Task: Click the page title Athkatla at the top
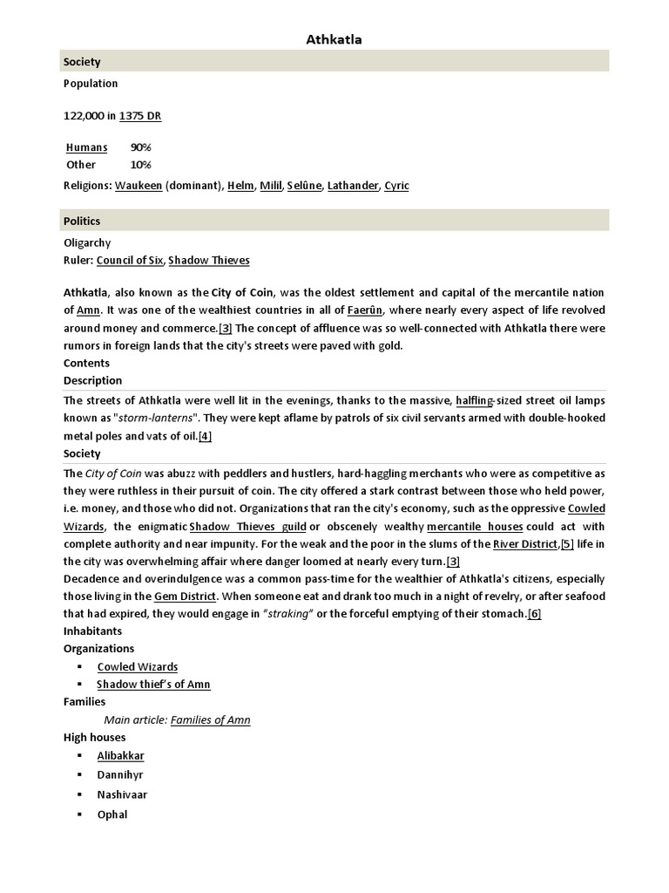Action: pos(334,39)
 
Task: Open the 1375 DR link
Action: pos(140,115)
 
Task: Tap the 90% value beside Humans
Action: pos(141,147)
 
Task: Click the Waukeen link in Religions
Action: pos(139,185)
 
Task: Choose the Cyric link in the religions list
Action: pos(396,185)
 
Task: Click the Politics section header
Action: pos(82,221)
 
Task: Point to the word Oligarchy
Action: pos(87,242)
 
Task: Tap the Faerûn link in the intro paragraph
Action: pos(366,310)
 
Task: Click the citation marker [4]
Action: pos(205,436)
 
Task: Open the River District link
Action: pos(525,544)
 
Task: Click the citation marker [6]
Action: pos(534,613)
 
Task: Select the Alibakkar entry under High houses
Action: pos(120,756)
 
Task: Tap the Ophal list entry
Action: pos(112,815)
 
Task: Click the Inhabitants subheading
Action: pos(92,631)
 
